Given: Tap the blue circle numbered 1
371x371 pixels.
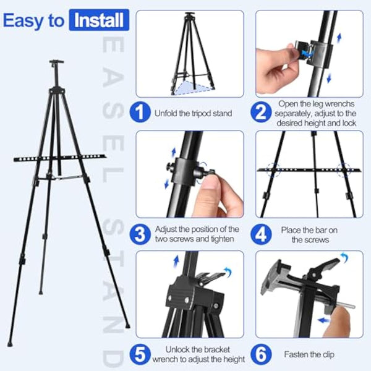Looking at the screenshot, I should (x=141, y=113).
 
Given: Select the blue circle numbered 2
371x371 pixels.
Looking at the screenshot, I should (x=262, y=113).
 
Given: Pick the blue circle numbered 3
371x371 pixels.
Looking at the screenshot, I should (x=141, y=234).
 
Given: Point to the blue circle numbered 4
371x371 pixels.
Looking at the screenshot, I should (x=262, y=234).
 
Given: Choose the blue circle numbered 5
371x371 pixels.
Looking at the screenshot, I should (x=141, y=354).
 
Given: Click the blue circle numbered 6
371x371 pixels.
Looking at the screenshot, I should (x=262, y=354).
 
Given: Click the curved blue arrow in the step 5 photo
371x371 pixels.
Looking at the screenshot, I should (x=227, y=270).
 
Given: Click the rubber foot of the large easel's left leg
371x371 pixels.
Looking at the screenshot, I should (x=9, y=343).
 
